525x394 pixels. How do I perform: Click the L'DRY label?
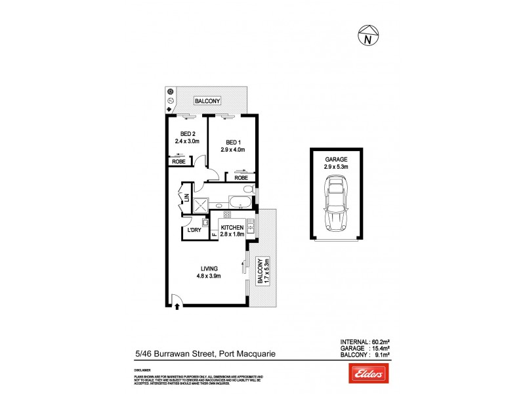tap(194, 230)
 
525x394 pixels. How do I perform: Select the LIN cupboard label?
tap(187, 196)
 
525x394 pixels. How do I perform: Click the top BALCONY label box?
tap(207, 101)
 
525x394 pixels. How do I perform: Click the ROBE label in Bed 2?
tap(178, 162)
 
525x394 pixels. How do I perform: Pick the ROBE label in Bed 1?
tap(241, 177)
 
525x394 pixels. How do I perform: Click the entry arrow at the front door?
tap(177, 304)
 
